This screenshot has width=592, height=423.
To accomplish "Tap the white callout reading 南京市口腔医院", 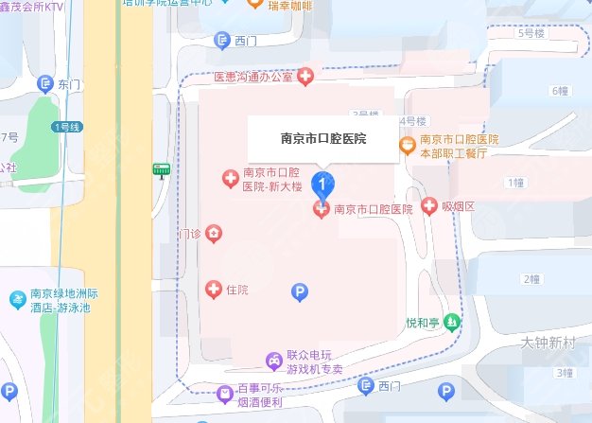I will pyautogui.click(x=323, y=138).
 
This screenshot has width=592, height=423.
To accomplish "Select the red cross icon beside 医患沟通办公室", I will pyautogui.click(x=305, y=77).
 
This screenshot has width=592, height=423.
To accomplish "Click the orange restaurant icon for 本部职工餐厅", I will pyautogui.click(x=406, y=145).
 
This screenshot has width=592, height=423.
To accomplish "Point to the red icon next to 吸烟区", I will pyautogui.click(x=428, y=205).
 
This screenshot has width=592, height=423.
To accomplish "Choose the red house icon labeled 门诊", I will pyautogui.click(x=215, y=233).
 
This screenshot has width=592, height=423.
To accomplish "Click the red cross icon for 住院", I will pyautogui.click(x=214, y=287).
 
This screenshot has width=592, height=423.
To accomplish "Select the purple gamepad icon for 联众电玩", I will pyautogui.click(x=272, y=361).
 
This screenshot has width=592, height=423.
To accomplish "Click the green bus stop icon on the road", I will pyautogui.click(x=161, y=170).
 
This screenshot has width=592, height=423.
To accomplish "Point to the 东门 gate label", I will pyautogui.click(x=69, y=85).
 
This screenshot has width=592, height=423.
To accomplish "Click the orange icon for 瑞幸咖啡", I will pyautogui.click(x=253, y=5).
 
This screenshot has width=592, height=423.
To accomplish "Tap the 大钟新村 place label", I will pyautogui.click(x=548, y=341).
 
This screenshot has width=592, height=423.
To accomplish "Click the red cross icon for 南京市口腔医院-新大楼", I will pyautogui.click(x=228, y=178).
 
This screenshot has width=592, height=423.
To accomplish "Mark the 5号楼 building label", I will pyautogui.click(x=531, y=34).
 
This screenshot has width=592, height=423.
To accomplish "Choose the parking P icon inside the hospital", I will pyautogui.click(x=300, y=293).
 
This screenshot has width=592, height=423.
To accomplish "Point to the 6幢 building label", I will pyautogui.click(x=561, y=91).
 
